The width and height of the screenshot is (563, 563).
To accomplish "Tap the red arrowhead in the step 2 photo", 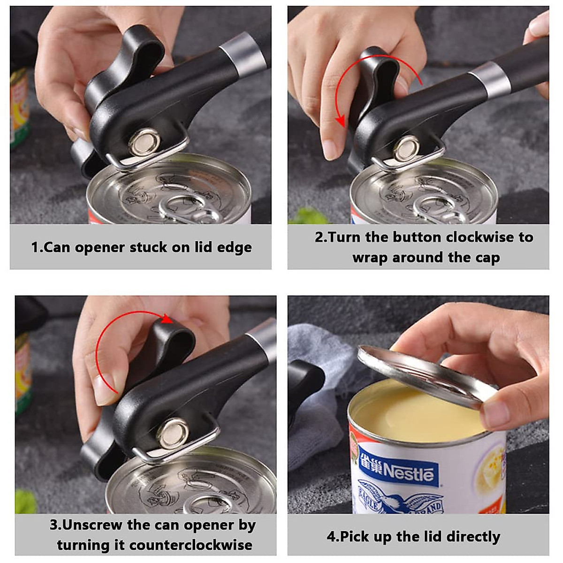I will point(341,122).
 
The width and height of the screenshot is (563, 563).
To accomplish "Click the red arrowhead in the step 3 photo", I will point(167,320).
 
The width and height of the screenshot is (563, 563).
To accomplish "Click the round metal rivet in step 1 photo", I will point(145,141).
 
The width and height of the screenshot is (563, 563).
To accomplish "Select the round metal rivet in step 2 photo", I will point(406,148).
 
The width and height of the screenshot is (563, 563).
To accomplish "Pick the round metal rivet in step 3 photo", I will point(173,433).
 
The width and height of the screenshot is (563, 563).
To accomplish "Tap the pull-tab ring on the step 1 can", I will point(185,206).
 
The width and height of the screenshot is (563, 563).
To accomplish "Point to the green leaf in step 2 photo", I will point(307,217).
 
